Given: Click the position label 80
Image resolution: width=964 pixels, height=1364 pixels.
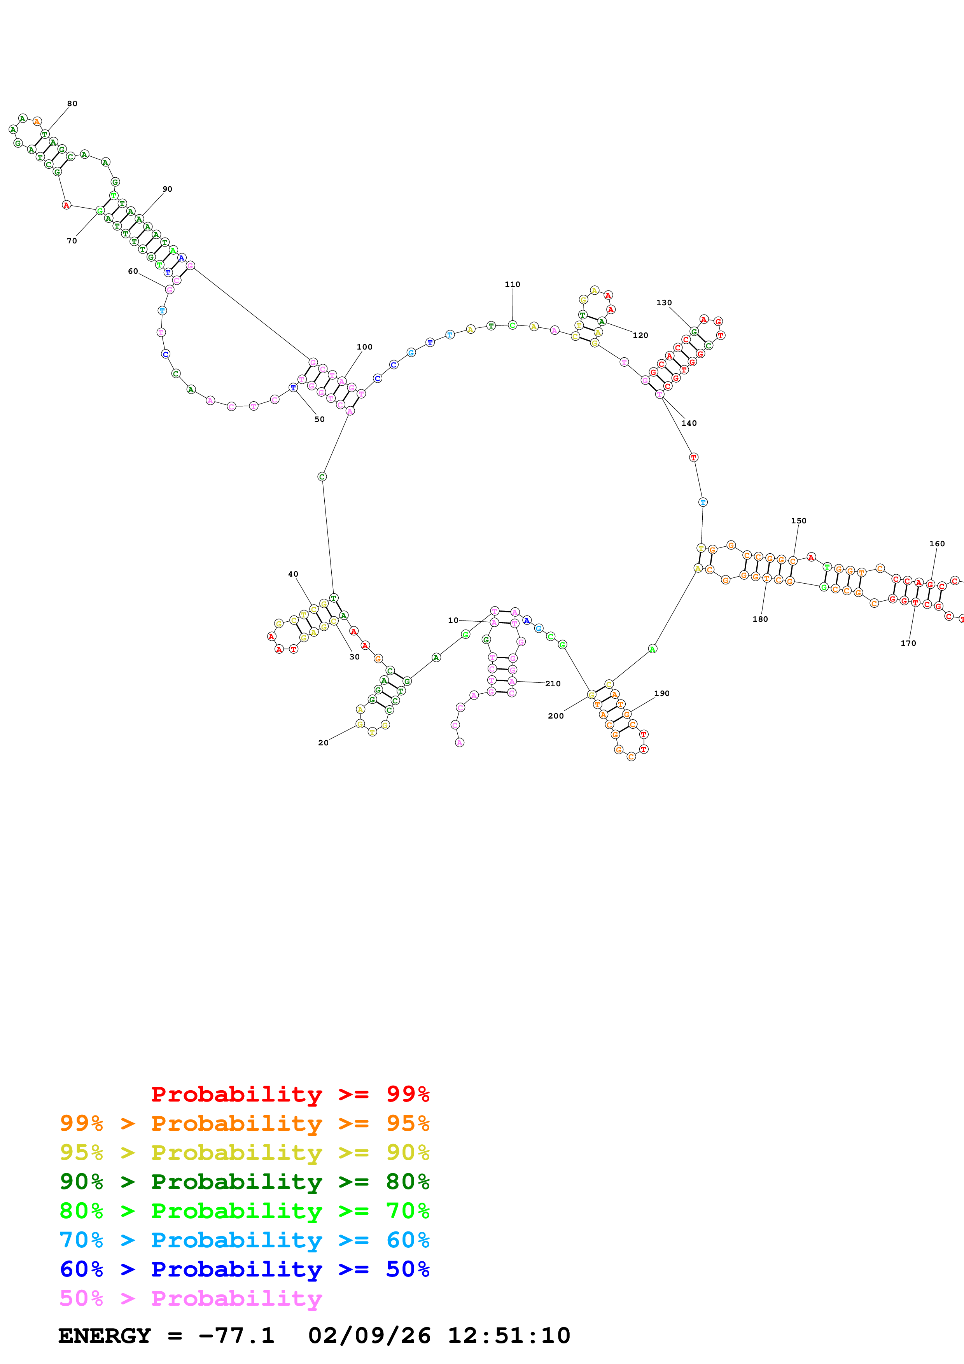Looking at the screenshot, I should tap(72, 103).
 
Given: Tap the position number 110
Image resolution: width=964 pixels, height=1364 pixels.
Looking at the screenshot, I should tap(512, 285).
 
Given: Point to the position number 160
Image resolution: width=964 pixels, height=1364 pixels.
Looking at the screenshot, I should tap(937, 544).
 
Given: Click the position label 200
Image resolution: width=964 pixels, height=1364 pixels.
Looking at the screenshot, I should tap(555, 716).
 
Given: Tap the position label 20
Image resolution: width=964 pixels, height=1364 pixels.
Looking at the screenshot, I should tap(323, 743).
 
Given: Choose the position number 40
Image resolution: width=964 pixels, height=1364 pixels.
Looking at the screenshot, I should tap(293, 574).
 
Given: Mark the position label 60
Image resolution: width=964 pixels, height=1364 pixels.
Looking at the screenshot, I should tap(133, 271).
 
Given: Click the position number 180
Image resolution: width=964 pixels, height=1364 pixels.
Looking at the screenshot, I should tap(760, 619).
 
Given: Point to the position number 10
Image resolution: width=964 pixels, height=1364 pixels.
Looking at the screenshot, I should tap(453, 620).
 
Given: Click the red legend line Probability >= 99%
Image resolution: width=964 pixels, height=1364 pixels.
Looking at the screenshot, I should tap(290, 1094).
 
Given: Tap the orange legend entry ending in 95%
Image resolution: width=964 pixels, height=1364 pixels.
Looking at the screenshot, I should tap(244, 1123).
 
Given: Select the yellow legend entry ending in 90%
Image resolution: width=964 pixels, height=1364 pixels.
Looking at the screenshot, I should tap(244, 1152).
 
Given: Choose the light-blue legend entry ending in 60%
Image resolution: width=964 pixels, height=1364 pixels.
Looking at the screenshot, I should tap(244, 1240).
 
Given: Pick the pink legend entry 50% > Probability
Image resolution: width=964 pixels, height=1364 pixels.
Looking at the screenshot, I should tap(191, 1298).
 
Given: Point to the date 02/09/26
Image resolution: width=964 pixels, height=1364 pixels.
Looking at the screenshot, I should tap(369, 1336).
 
